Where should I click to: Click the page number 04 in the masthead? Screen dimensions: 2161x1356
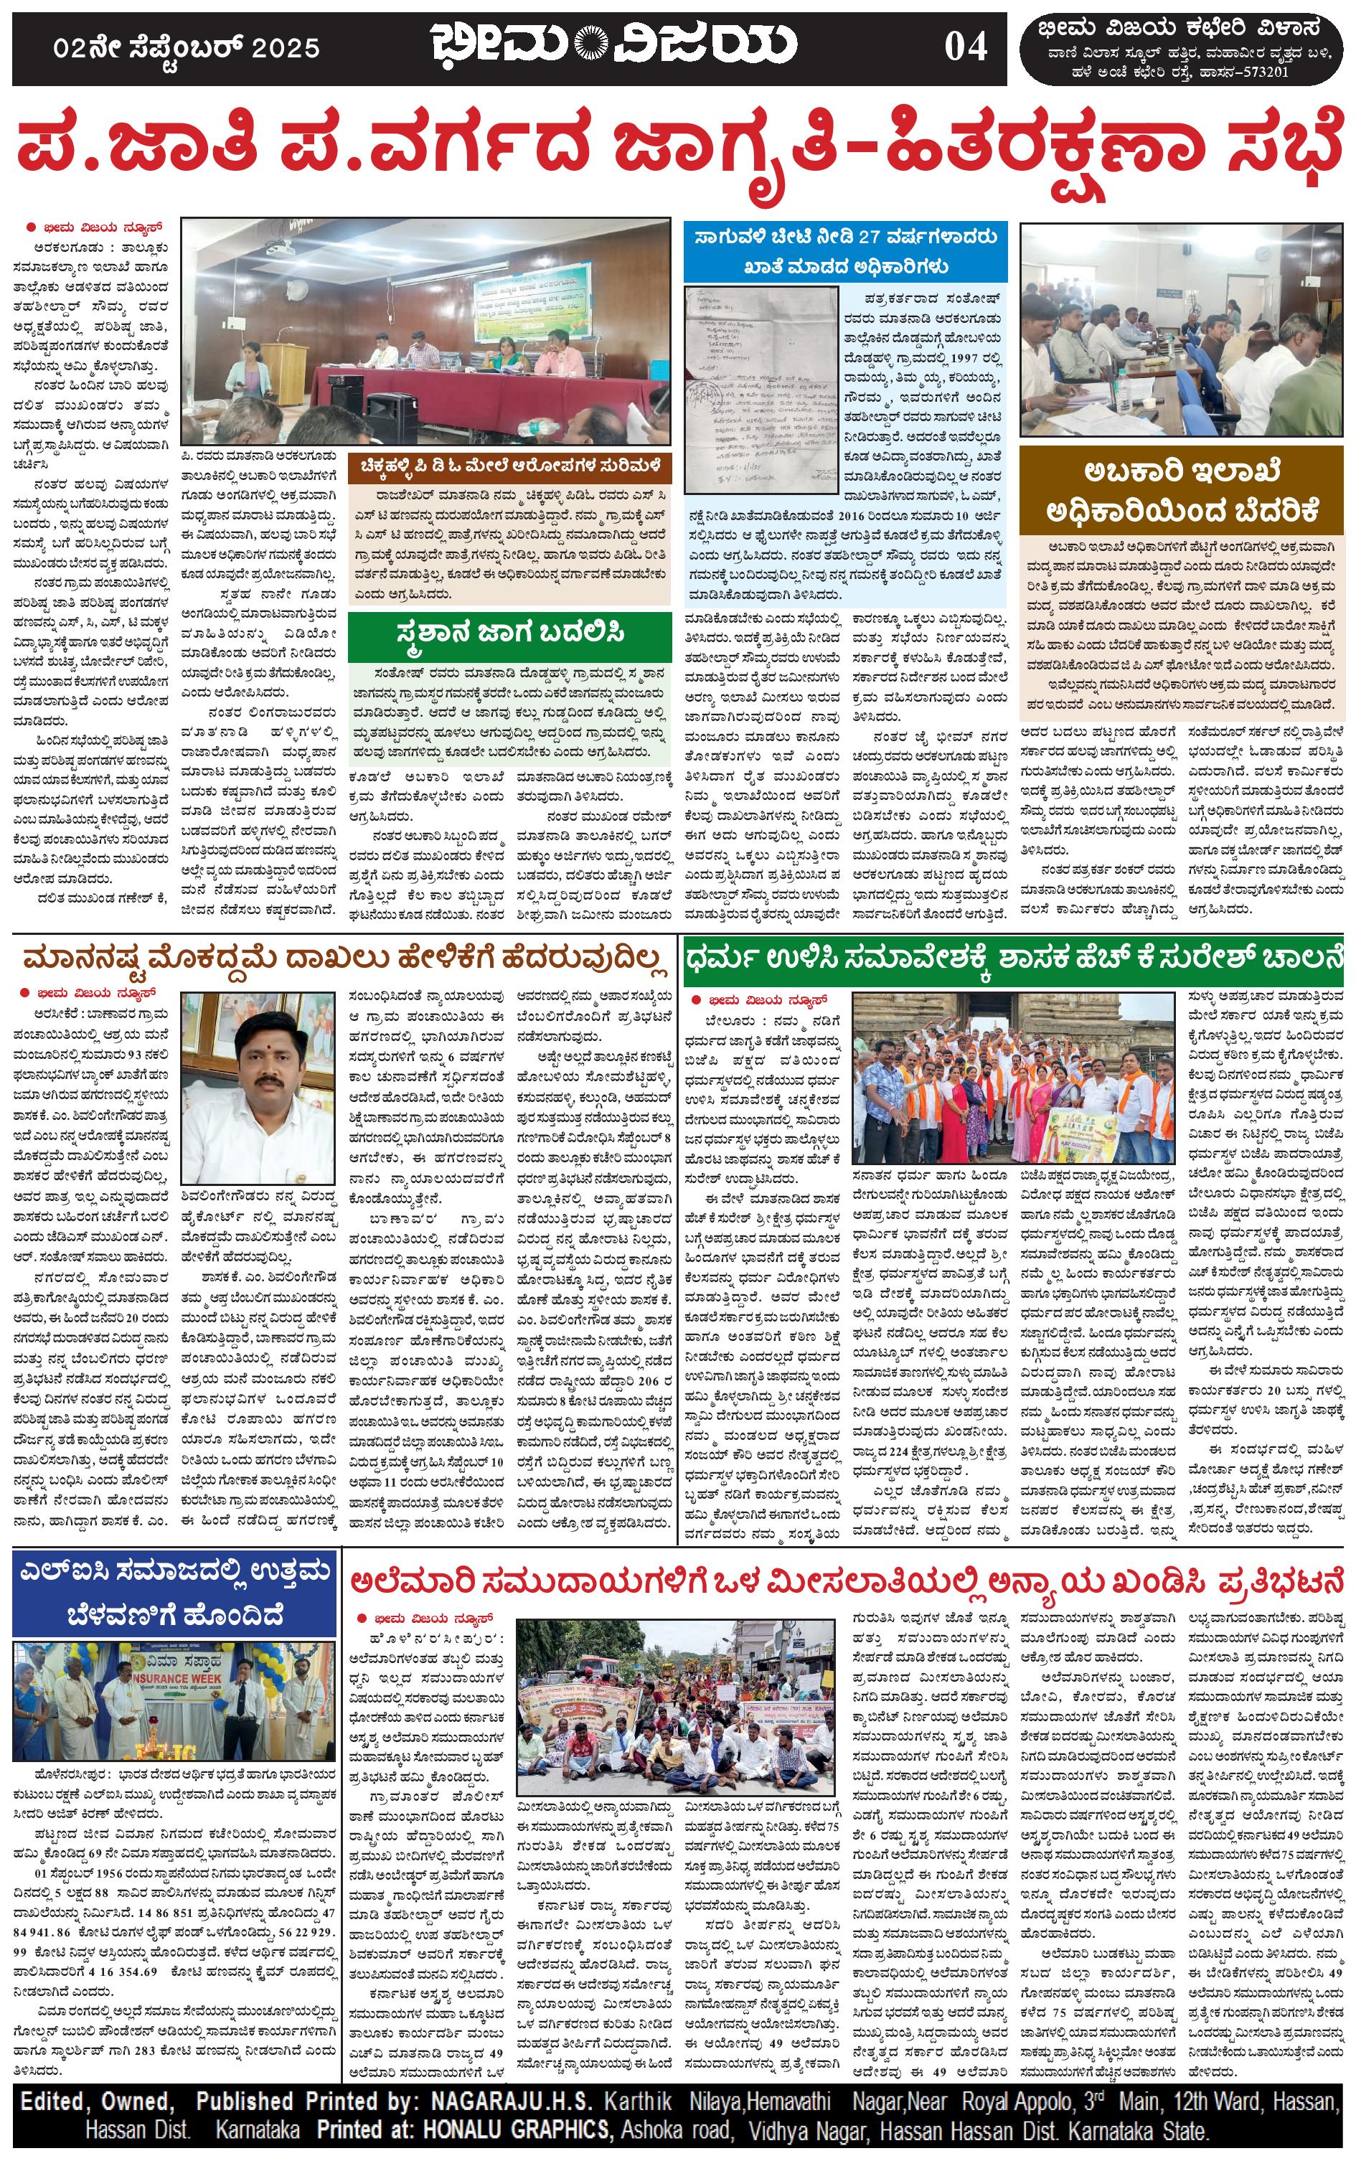click(965, 47)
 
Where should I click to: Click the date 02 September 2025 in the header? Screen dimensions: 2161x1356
click(186, 48)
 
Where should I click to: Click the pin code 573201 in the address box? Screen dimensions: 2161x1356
click(1259, 72)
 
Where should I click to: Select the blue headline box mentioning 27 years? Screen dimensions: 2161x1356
click(845, 251)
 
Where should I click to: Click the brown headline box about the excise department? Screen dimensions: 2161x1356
click(1182, 491)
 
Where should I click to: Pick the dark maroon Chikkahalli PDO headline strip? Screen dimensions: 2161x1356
click(509, 466)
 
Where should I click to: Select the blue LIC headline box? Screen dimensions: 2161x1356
click(176, 1593)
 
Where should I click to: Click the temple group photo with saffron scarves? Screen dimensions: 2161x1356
click(1012, 1078)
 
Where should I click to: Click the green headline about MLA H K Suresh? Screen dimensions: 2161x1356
click(1013, 959)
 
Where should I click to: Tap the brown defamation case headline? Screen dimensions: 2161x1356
click(344, 959)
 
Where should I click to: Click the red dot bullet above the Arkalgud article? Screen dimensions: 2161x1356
click(30, 227)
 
